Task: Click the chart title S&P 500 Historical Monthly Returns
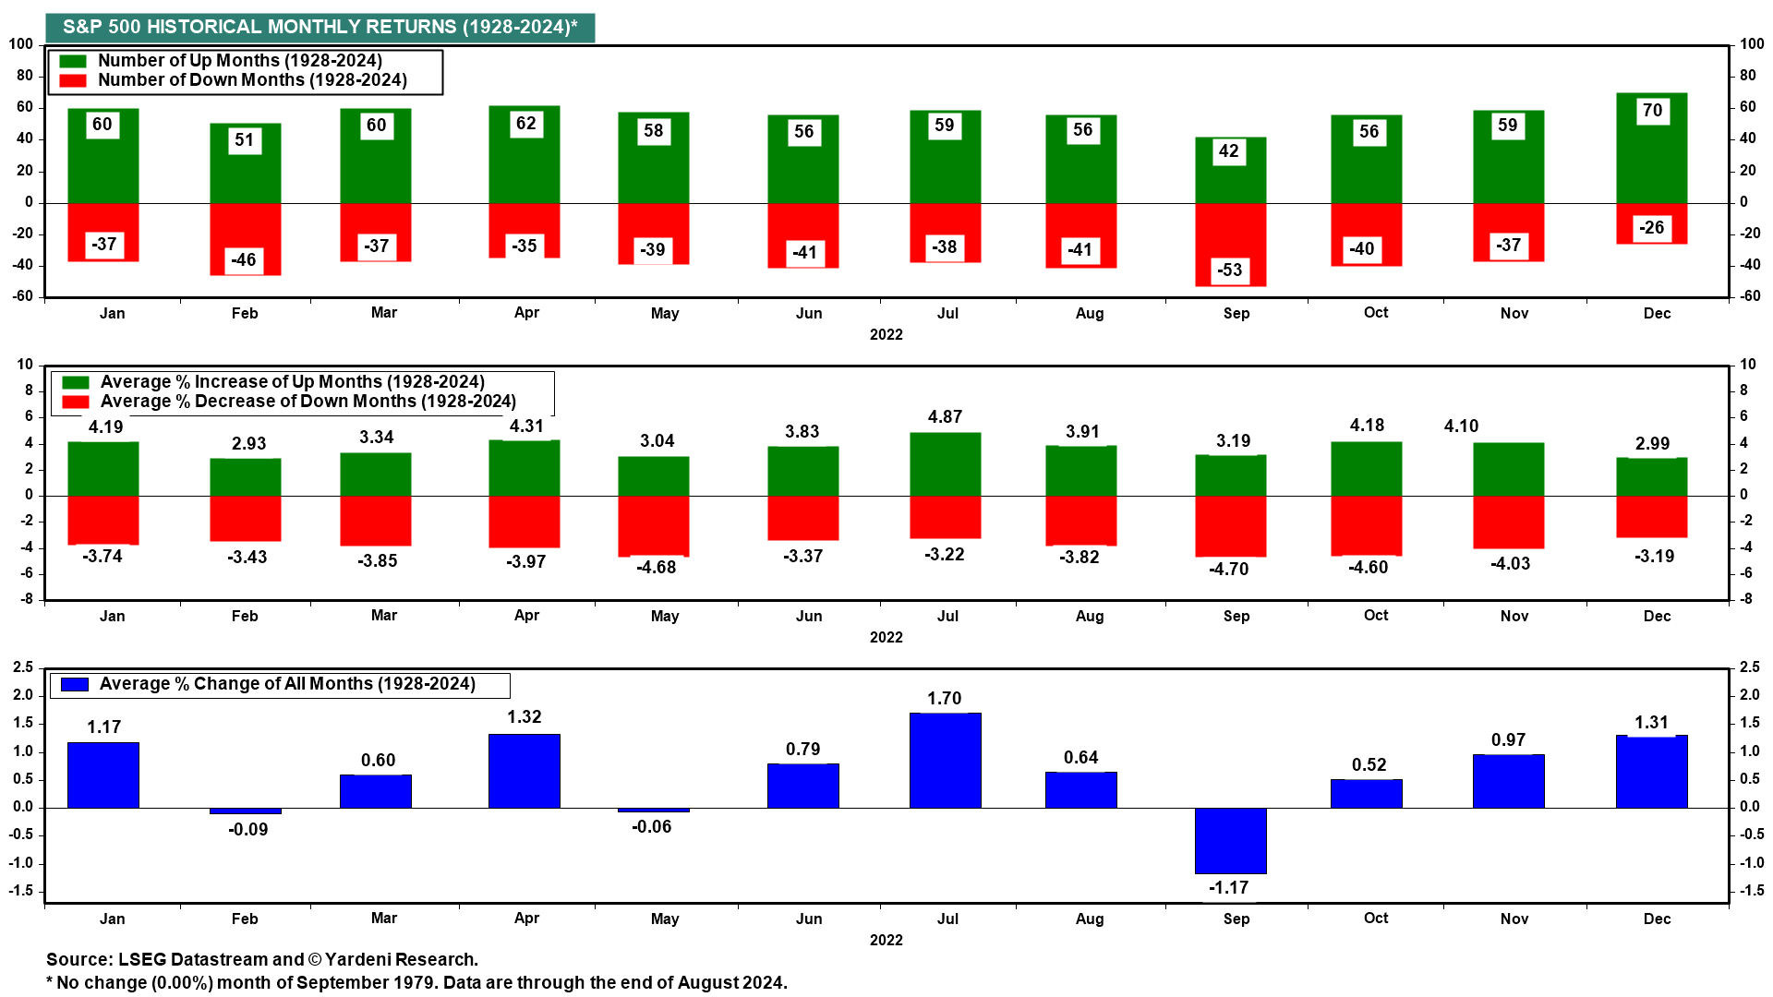(320, 27)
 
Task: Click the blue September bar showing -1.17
(1230, 840)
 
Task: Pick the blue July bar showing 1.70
(945, 760)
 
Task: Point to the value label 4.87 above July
(945, 417)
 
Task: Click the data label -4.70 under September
(1228, 569)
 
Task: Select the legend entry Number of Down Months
(252, 80)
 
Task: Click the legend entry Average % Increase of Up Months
(292, 382)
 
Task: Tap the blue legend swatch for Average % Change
(74, 684)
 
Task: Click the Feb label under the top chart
(245, 314)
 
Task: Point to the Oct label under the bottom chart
(1375, 919)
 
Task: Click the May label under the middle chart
(664, 616)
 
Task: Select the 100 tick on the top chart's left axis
(21, 44)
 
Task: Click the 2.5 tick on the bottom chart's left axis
(23, 667)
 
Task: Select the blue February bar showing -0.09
(245, 811)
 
